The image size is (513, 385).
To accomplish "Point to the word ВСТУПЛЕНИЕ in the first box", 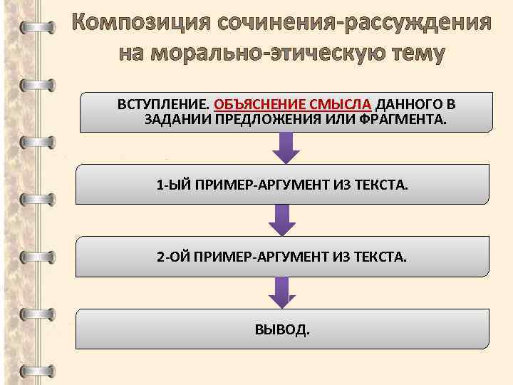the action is tap(162, 104).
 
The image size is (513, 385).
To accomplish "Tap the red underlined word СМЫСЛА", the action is tap(341, 104).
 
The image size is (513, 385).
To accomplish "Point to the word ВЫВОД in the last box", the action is tap(281, 329).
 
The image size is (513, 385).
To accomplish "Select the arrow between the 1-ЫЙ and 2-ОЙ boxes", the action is tap(283, 221).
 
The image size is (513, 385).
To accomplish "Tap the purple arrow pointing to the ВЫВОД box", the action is tap(283, 293).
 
